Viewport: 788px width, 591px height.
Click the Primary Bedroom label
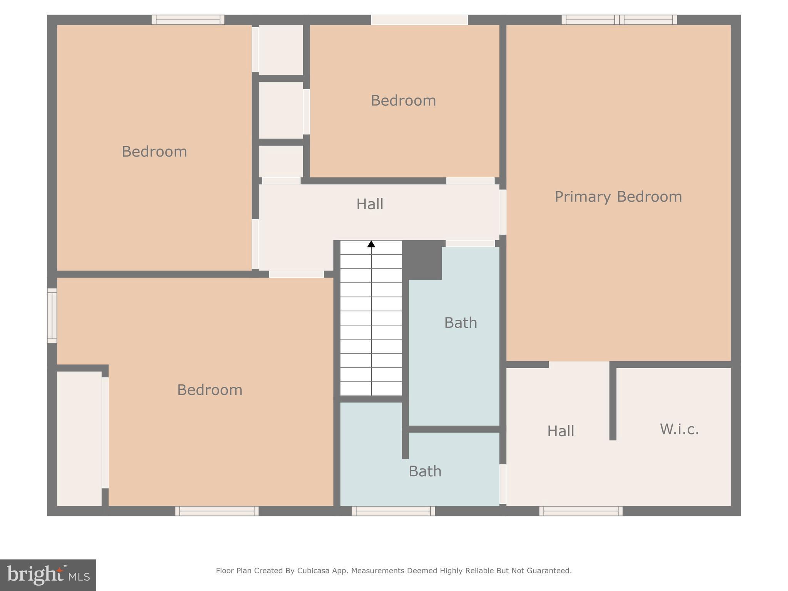tap(618, 197)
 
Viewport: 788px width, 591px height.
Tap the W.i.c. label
tap(679, 429)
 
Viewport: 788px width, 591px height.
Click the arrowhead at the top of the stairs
tap(371, 244)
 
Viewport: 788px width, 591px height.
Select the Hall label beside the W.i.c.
tap(561, 431)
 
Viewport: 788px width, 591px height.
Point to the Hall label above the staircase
tap(370, 204)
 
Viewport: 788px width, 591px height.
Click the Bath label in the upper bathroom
tap(461, 323)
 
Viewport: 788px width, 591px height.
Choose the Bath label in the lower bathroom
tap(425, 471)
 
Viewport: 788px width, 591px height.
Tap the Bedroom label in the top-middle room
tap(403, 101)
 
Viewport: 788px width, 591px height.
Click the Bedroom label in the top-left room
tap(154, 152)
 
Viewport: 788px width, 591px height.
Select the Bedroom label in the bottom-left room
tap(210, 390)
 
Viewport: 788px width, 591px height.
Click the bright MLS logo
tap(48, 575)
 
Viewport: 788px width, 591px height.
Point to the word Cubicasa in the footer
tap(313, 571)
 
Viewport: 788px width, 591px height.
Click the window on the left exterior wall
tap(52, 316)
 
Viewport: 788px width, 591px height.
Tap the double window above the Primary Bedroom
tap(619, 20)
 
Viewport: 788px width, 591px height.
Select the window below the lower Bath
tap(393, 511)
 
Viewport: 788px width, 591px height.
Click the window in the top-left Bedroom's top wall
tap(188, 20)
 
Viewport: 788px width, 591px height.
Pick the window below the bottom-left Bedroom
tap(217, 511)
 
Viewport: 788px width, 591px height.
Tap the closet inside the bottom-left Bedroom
tap(79, 439)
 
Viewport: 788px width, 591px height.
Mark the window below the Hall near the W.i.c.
tap(581, 511)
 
